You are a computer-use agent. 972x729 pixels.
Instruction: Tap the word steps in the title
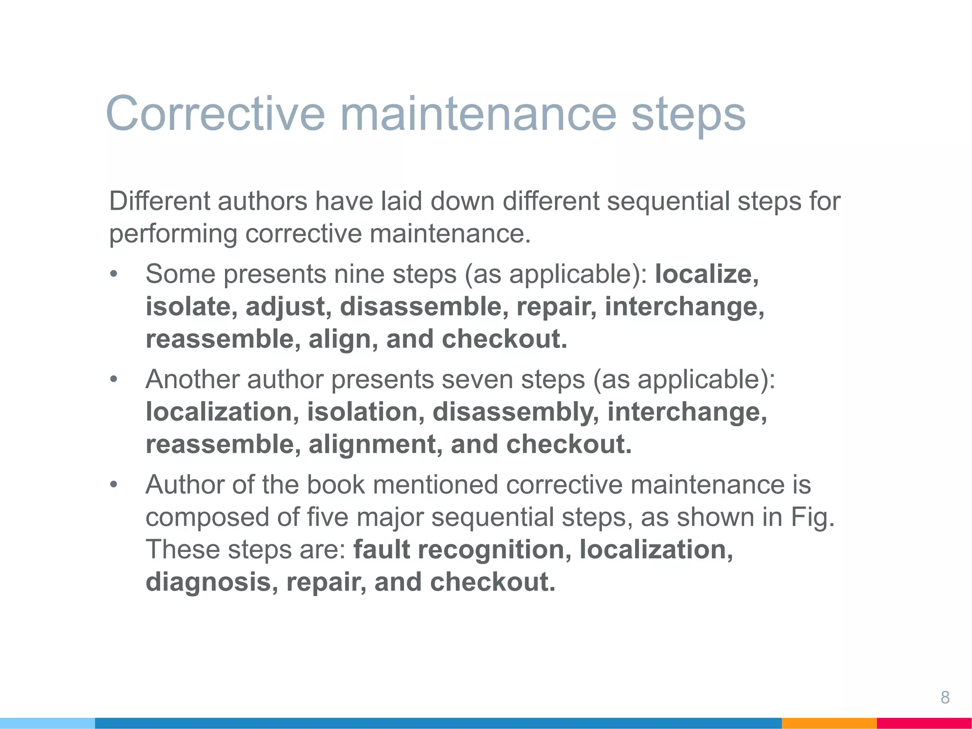(x=688, y=114)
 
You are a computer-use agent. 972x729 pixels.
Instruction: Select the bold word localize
(x=706, y=274)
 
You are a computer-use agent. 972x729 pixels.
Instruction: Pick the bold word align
(x=339, y=339)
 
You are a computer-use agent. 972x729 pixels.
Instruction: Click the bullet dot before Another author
(x=113, y=380)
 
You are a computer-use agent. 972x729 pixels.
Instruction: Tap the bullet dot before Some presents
(x=113, y=275)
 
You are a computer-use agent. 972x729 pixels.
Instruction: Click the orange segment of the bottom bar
(x=829, y=723)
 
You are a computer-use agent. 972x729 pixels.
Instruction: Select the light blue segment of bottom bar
(x=47, y=723)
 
